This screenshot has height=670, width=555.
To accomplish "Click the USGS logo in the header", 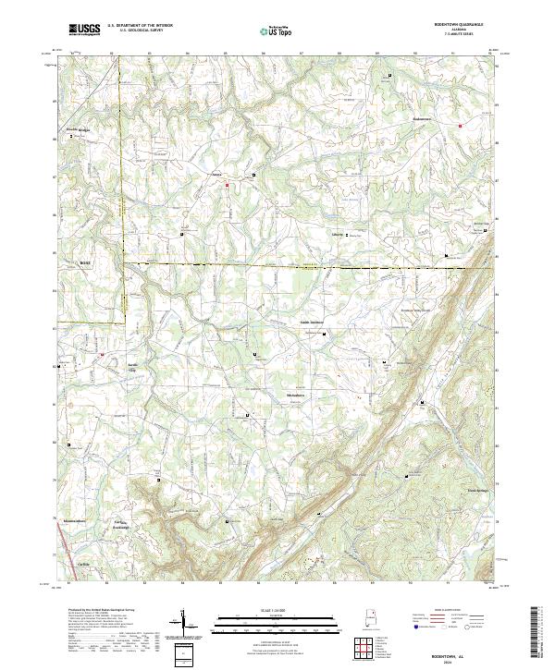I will (x=84, y=30).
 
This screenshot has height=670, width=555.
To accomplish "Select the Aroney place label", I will (x=218, y=173).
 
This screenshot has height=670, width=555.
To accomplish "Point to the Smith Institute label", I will (x=311, y=322).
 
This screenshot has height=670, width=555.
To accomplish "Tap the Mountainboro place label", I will (x=74, y=521).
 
